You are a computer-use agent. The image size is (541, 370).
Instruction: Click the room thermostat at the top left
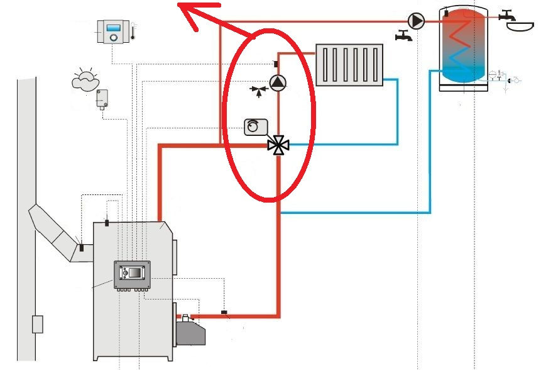pyautogui.click(x=114, y=31)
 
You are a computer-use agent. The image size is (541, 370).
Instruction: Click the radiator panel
pyautogui.click(x=349, y=64)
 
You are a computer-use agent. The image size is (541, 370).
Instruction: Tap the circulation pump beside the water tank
pyautogui.click(x=416, y=21)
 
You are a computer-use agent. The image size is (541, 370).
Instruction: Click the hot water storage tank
pyautogui.click(x=464, y=47)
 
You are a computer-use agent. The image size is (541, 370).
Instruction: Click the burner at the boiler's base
pyautogui.click(x=187, y=328)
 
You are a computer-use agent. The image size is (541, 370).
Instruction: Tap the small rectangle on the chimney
pyautogui.click(x=38, y=323)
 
